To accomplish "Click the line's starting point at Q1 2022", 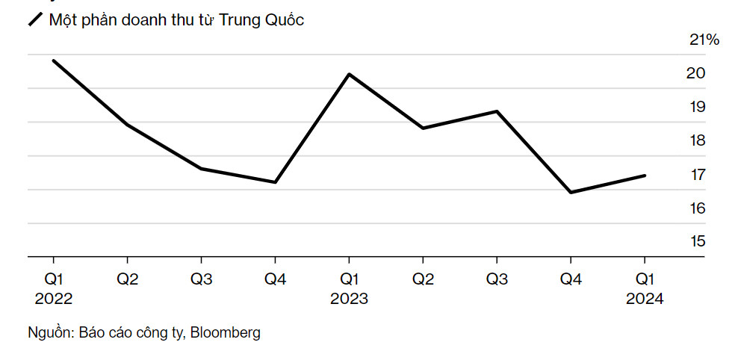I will pyautogui.click(x=53, y=60).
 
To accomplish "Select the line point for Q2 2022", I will pyautogui.click(x=127, y=125).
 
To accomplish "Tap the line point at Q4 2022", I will pyautogui.click(x=276, y=182).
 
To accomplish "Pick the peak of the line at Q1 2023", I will pyautogui.click(x=349, y=74).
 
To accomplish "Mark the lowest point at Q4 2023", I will pyautogui.click(x=571, y=193).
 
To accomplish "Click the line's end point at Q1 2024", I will pyautogui.click(x=645, y=176).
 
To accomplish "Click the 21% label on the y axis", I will pyautogui.click(x=704, y=40).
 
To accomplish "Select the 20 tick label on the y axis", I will pyautogui.click(x=696, y=74).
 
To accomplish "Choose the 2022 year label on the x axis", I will pyautogui.click(x=53, y=299).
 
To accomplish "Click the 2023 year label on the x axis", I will pyautogui.click(x=349, y=299).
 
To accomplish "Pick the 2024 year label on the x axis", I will pyautogui.click(x=645, y=299).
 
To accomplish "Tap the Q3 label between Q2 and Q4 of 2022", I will pyautogui.click(x=201, y=279).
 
